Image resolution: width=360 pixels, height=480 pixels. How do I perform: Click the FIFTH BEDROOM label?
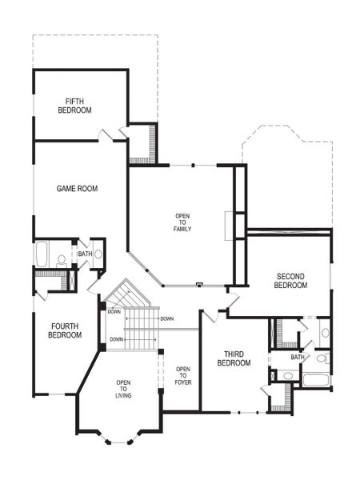(x=75, y=106)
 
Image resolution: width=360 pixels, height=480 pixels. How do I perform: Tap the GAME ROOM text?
(x=77, y=189)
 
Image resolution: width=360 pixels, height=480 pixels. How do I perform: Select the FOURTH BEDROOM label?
(x=65, y=330)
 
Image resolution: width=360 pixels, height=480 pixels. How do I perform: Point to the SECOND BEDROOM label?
(x=290, y=280)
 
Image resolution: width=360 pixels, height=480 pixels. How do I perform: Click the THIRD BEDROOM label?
(x=234, y=358)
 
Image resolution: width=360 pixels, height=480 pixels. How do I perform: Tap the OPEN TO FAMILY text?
(x=183, y=222)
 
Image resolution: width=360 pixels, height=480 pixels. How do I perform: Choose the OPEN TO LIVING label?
(x=122, y=389)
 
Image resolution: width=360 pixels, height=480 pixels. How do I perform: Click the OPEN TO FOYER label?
(x=182, y=374)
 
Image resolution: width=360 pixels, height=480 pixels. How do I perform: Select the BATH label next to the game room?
(x=84, y=254)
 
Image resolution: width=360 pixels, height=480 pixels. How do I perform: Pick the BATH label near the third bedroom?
(x=298, y=357)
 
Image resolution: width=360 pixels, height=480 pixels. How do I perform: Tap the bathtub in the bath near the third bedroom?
(x=316, y=379)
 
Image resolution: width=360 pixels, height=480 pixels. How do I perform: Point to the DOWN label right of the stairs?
(x=166, y=319)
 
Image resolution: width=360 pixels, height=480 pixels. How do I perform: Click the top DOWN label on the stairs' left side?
(x=114, y=312)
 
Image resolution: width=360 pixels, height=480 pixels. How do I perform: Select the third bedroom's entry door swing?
(x=210, y=317)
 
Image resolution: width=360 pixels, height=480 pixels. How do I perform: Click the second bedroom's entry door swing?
(x=233, y=301)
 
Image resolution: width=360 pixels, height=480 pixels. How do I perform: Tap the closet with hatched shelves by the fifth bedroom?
(x=142, y=144)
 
